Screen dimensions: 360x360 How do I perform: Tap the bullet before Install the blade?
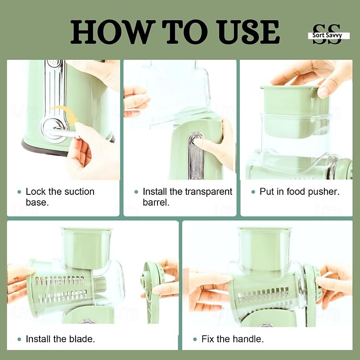19,339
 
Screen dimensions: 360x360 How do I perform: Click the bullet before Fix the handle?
195,339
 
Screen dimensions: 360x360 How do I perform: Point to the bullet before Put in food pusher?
253,192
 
